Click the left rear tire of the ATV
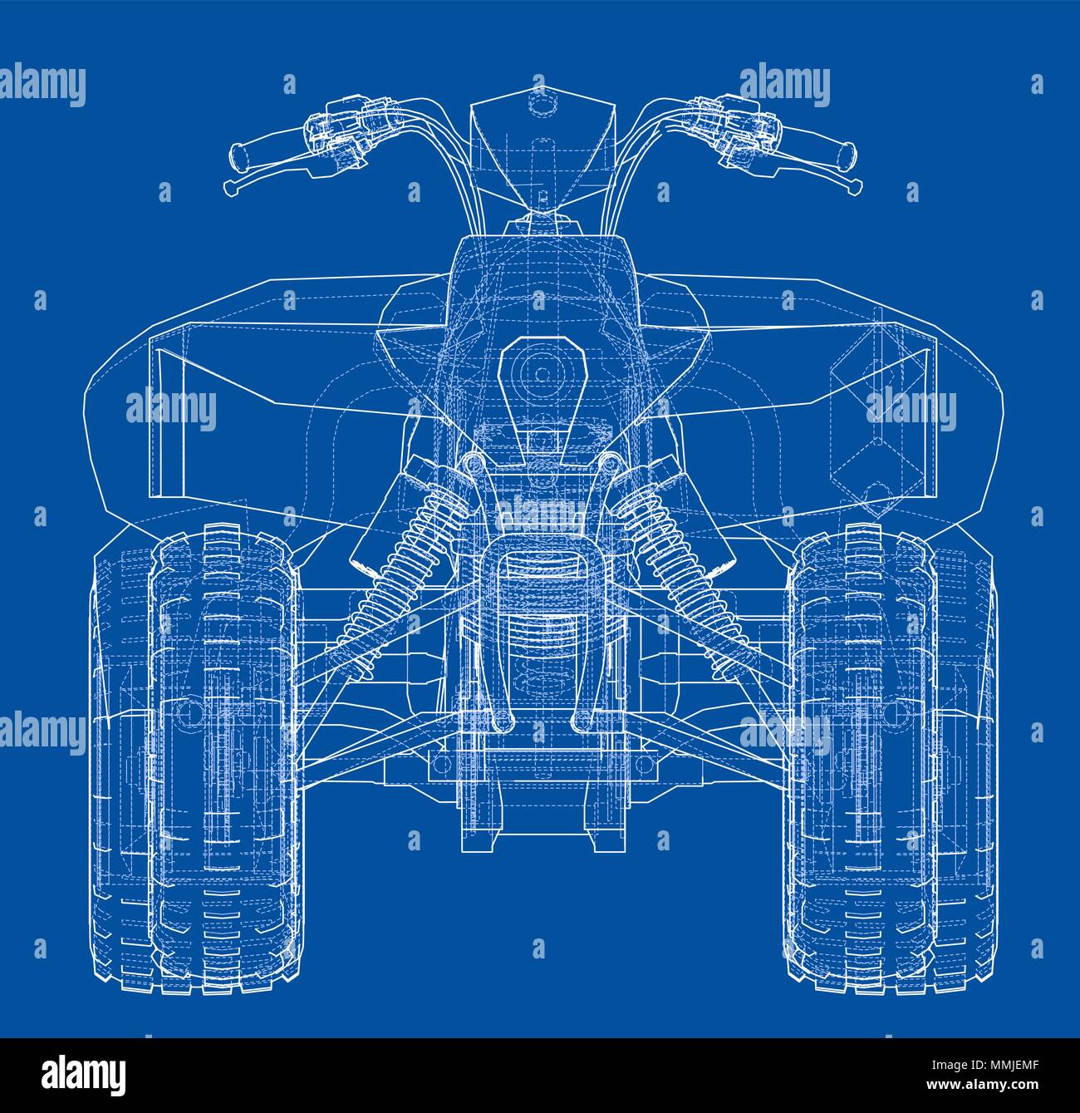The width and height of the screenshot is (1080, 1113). [224, 756]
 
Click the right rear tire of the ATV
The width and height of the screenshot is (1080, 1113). [860, 756]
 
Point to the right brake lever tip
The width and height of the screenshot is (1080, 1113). [852, 189]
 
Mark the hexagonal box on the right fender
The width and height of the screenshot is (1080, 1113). [872, 416]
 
